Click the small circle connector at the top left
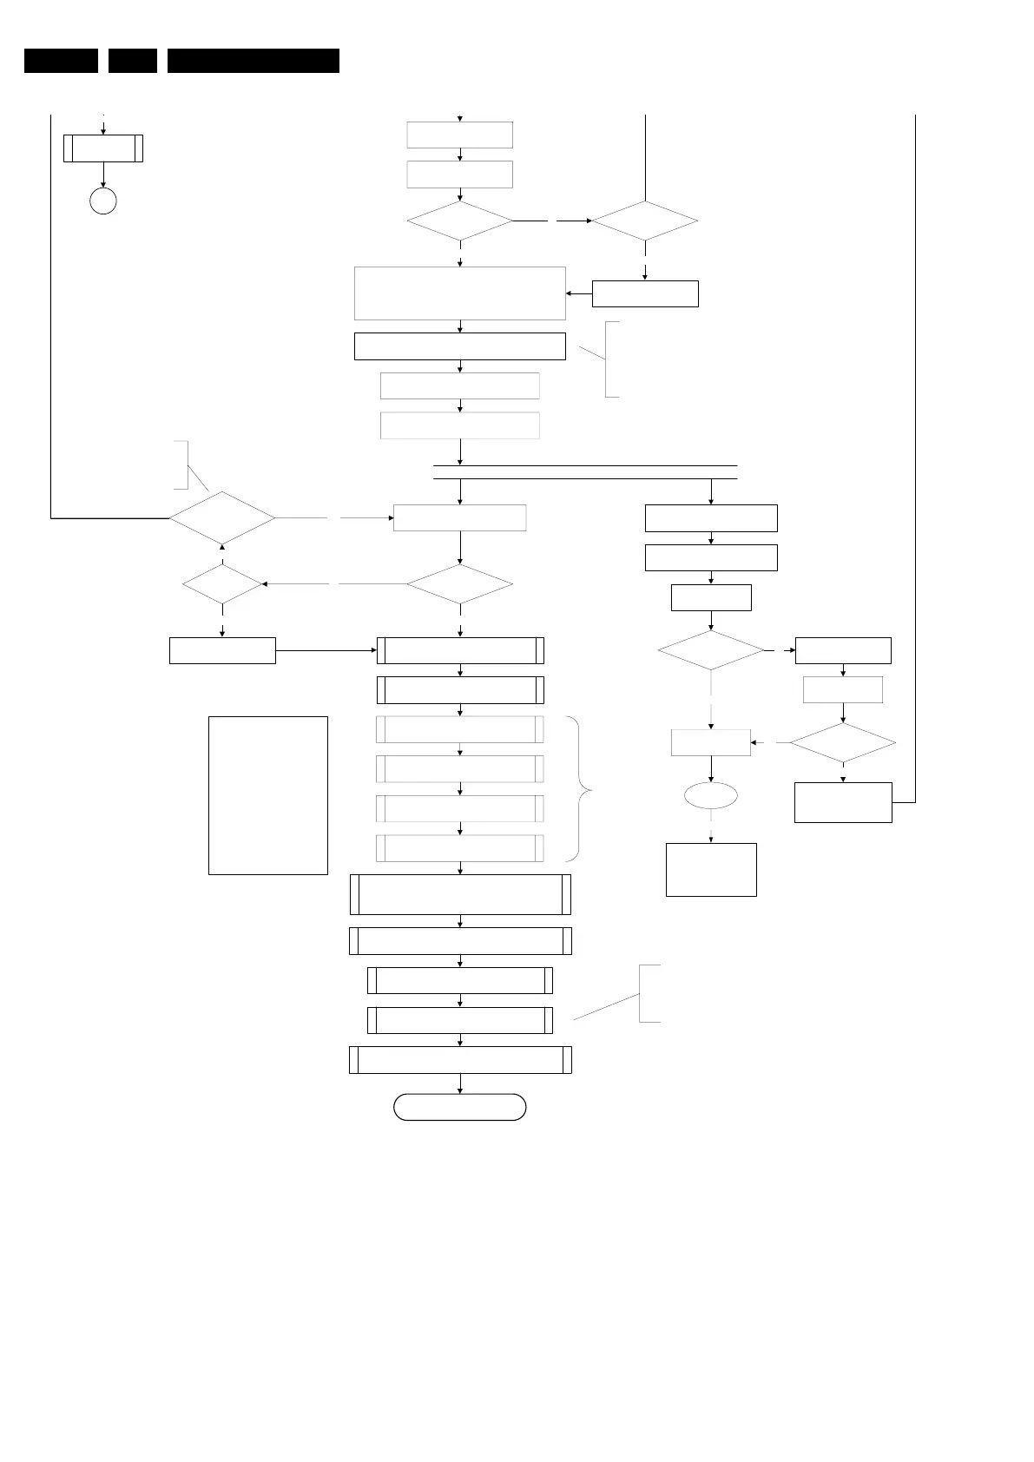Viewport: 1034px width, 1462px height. (x=103, y=201)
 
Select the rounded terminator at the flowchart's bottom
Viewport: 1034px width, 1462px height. (x=460, y=1108)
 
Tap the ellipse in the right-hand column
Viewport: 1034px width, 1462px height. (x=711, y=795)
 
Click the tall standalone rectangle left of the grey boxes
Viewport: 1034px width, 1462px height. (x=268, y=795)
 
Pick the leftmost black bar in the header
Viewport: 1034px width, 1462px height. (x=61, y=61)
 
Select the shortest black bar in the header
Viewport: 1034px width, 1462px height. (x=133, y=61)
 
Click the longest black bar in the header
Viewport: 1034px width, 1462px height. (x=253, y=61)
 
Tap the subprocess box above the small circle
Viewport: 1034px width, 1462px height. (x=103, y=148)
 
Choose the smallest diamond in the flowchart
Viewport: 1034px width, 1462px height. (x=223, y=584)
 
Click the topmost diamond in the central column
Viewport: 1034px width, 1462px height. (x=460, y=221)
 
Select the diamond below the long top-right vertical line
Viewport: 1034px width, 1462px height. (x=645, y=221)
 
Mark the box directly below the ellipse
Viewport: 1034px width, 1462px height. (x=711, y=869)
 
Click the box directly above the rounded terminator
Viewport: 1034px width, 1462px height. (x=460, y=1060)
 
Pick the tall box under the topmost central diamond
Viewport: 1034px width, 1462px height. (x=460, y=293)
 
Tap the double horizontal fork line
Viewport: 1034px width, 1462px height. (x=585, y=472)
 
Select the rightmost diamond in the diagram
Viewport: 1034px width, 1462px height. (x=843, y=743)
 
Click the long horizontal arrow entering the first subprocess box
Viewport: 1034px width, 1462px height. (x=326, y=650)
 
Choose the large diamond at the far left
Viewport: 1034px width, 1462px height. (x=222, y=518)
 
